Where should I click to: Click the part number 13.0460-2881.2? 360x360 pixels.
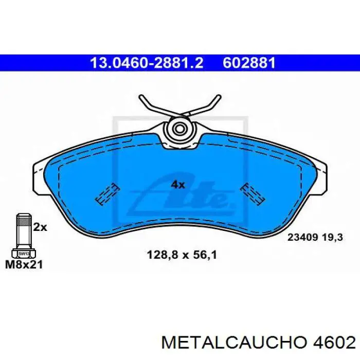tap(147, 63)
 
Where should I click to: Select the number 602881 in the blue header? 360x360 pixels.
tap(249, 63)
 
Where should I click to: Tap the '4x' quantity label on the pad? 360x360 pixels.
tap(177, 184)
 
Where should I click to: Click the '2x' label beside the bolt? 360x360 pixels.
tap(40, 227)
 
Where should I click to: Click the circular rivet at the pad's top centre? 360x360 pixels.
tap(180, 129)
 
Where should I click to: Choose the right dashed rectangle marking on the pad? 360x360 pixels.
tap(253, 194)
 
